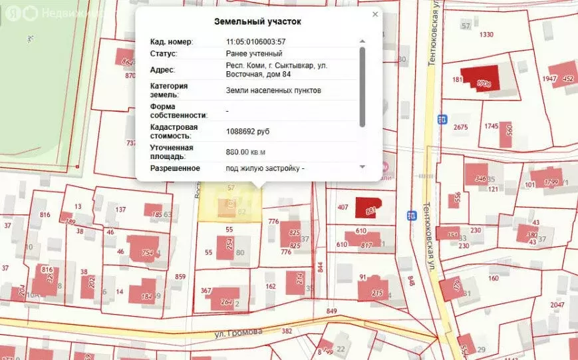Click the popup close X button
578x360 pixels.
(375, 14)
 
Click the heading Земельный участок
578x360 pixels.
(257, 21)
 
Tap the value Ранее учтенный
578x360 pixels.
(254, 53)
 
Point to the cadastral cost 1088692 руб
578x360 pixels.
(248, 131)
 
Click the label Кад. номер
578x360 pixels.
(170, 42)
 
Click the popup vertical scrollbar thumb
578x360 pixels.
(362, 87)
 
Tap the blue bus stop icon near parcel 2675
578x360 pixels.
(442, 119)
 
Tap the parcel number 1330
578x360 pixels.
(487, 35)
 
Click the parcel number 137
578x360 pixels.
(120, 210)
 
